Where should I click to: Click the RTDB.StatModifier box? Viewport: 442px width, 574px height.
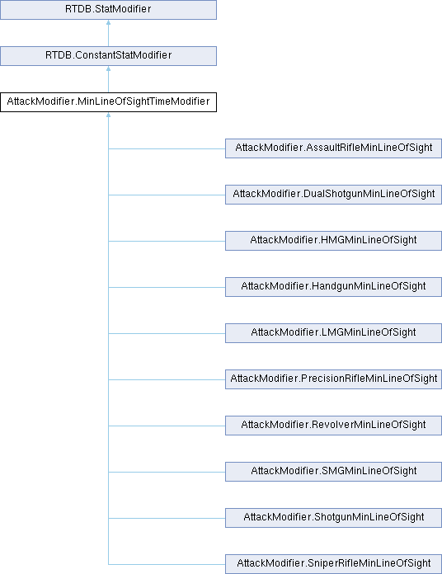(108, 10)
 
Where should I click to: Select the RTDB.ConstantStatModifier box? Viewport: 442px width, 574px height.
(108, 55)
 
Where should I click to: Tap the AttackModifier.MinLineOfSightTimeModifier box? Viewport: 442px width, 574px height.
(108, 101)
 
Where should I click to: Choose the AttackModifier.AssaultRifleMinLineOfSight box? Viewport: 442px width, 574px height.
(333, 148)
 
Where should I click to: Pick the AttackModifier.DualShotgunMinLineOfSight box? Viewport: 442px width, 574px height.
(333, 195)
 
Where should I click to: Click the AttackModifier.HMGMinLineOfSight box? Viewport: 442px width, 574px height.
(333, 241)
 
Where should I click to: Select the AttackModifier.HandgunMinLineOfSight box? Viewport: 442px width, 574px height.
(333, 287)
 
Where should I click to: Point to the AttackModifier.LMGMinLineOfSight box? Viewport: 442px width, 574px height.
(333, 332)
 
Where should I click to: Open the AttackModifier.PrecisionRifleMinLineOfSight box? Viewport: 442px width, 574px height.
(333, 379)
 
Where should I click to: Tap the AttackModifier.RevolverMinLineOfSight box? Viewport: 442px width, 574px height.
(333, 425)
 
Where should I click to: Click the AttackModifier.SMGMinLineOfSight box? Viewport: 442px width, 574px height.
(333, 471)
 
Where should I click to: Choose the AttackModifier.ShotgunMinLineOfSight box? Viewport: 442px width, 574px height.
(333, 517)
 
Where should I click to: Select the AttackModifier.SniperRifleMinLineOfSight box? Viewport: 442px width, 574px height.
(333, 564)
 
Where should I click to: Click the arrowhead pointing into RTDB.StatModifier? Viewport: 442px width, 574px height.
(108, 22)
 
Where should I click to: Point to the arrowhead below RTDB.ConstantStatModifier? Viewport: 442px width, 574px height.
(108, 68)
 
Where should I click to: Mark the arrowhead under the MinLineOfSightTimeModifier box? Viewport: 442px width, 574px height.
(108, 115)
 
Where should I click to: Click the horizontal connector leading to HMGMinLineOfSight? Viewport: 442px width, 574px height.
(167, 241)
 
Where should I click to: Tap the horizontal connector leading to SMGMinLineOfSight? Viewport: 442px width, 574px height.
(167, 472)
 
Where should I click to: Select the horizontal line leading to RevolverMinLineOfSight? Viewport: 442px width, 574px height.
(167, 426)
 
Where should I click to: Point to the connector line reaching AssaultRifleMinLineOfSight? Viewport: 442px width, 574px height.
(167, 148)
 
